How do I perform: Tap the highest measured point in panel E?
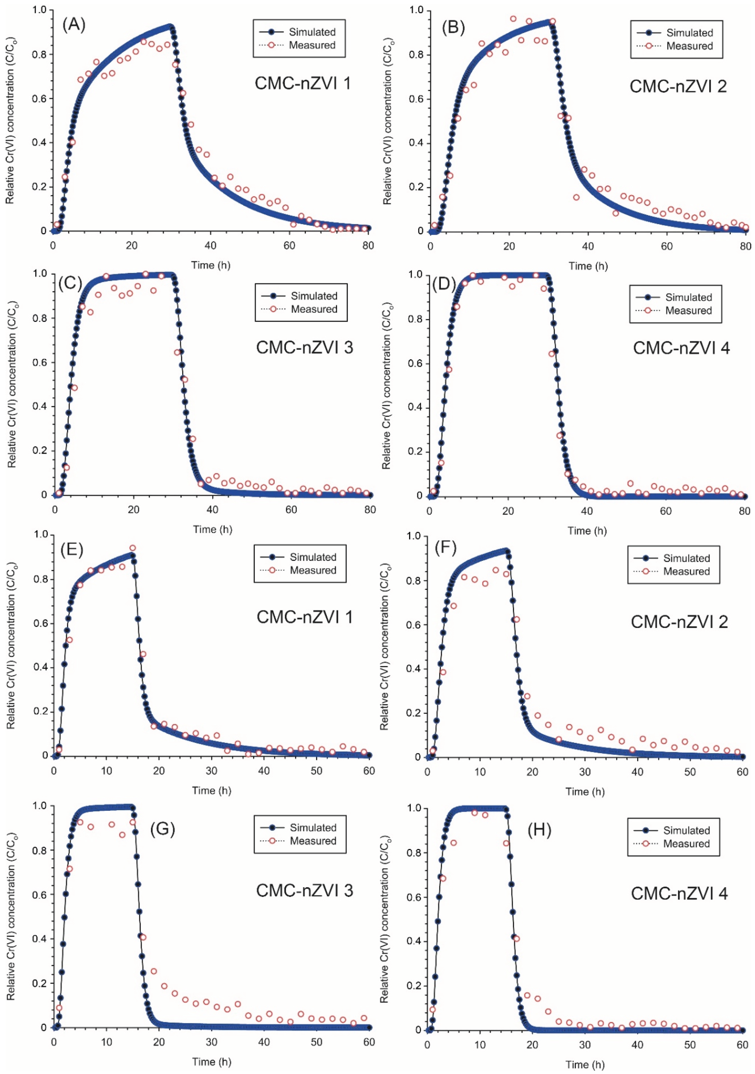132,548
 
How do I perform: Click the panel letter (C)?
70,283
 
